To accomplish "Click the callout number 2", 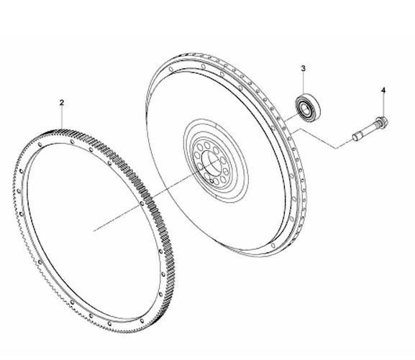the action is (x=62, y=103).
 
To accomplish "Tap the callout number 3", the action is (x=303, y=68).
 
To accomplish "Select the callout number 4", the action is (x=383, y=91).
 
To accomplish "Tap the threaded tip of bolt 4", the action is (x=355, y=137).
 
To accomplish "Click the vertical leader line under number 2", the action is (x=62, y=118).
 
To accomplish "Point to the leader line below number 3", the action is (x=304, y=83).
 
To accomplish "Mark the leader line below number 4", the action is (x=383, y=106).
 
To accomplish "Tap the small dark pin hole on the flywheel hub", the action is (x=211, y=181).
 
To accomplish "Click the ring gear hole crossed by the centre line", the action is (x=142, y=203).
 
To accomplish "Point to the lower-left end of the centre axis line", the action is (x=94, y=231).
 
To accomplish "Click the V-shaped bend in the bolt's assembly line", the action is (x=337, y=148).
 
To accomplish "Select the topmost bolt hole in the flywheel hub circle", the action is (x=206, y=145).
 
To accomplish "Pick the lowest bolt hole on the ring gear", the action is (x=109, y=323).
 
